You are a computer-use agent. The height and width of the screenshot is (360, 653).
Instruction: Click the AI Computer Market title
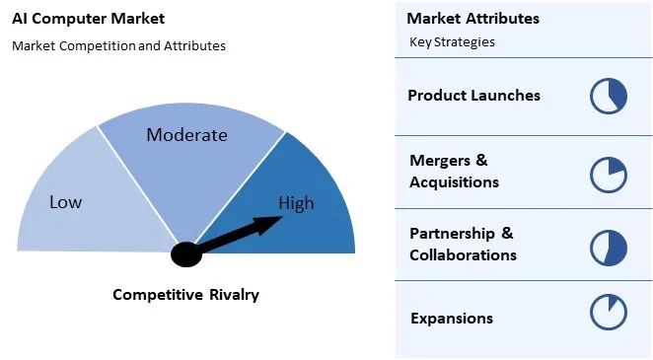89,19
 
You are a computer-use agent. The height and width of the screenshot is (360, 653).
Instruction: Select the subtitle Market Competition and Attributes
118,45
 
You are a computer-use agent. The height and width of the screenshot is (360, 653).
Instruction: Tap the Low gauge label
66,202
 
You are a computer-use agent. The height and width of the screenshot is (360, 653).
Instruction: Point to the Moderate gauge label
186,135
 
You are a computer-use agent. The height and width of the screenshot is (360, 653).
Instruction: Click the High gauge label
296,204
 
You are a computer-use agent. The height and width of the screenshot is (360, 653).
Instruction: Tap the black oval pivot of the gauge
185,254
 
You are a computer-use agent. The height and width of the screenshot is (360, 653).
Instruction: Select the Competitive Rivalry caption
185,294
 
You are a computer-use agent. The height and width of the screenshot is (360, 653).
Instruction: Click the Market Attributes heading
472,19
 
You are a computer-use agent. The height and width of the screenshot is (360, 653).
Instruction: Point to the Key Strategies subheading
452,42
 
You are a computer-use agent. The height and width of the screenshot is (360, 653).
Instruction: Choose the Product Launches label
473,96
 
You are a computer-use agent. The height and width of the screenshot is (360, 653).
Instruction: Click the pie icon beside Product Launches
609,97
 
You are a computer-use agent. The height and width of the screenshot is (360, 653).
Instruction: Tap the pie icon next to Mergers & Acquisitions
609,174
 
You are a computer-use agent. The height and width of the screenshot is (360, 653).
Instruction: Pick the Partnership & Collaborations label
463,244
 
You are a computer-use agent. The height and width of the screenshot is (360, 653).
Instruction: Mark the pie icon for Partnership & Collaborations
609,248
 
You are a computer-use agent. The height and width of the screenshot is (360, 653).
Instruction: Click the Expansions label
451,318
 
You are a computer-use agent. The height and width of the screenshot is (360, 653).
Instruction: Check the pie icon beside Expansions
609,312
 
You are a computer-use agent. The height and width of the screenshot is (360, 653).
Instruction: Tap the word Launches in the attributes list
507,96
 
